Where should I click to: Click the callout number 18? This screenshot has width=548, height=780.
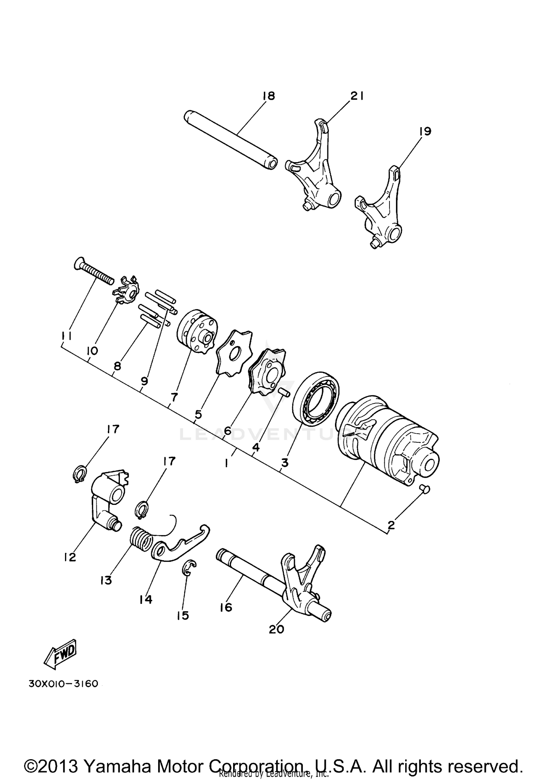click(x=268, y=96)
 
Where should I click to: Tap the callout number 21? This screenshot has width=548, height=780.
click(x=357, y=96)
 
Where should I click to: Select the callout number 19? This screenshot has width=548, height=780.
click(x=425, y=131)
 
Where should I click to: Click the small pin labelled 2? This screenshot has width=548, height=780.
click(x=424, y=489)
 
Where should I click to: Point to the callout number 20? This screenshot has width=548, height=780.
click(x=276, y=629)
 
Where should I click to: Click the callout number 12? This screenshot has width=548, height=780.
click(x=69, y=558)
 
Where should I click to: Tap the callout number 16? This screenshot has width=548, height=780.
click(x=226, y=607)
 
